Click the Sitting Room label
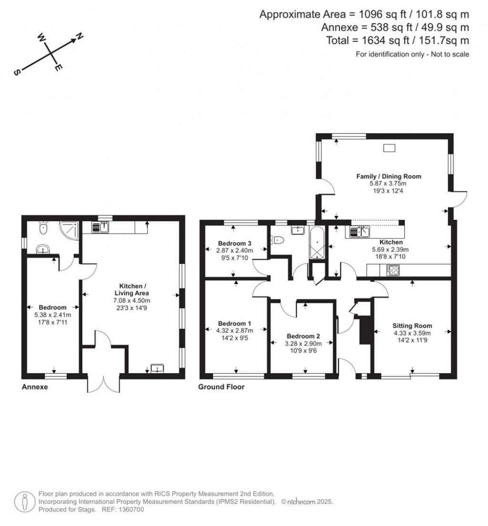click(412, 326)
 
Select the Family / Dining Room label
click(389, 176)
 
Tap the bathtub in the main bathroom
click(316, 243)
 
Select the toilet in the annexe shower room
click(43, 229)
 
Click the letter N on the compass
click(80, 37)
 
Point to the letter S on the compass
click(17, 72)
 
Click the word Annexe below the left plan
click(35, 387)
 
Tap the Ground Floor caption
click(221, 387)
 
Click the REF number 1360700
click(130, 510)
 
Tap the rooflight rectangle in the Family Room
click(389, 148)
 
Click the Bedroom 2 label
click(300, 336)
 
